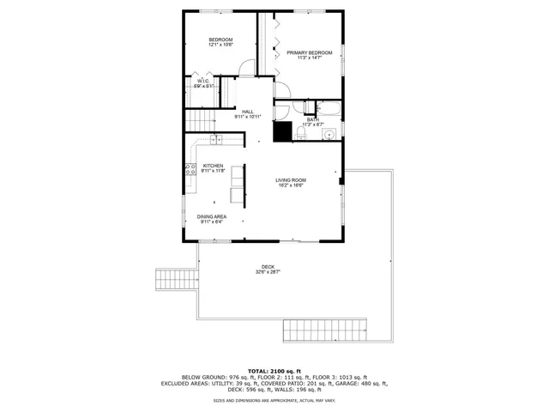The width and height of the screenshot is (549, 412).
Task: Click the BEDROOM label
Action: point(221,40)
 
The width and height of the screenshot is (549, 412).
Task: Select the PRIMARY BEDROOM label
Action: point(309,53)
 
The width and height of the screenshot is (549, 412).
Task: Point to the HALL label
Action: point(247,112)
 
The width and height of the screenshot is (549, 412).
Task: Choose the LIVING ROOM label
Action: point(290,180)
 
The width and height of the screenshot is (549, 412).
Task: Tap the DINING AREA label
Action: point(211,217)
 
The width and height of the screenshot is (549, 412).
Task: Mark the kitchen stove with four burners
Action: point(189,170)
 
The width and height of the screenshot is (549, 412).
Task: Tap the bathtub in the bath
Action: point(329,108)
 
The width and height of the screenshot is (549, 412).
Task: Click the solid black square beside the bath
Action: point(282,131)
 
